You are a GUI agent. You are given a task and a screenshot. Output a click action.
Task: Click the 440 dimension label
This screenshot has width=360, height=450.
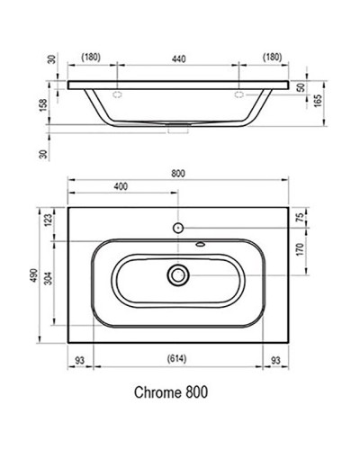pos(180,58)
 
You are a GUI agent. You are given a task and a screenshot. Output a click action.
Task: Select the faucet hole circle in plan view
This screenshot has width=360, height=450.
pos(180,225)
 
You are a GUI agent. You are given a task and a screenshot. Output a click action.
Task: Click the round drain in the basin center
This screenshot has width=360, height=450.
pos(180,274)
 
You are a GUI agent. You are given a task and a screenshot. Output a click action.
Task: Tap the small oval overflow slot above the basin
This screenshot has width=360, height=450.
pos(198,244)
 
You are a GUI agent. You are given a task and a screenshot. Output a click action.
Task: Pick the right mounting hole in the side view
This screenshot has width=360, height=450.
pos(239,93)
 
